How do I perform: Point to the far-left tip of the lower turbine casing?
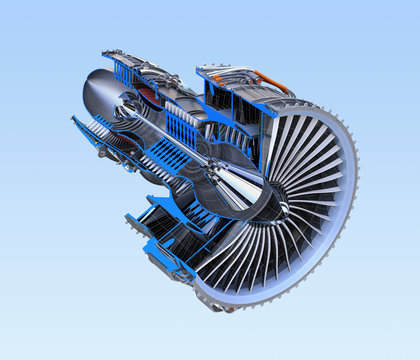[x=73, y=119]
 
